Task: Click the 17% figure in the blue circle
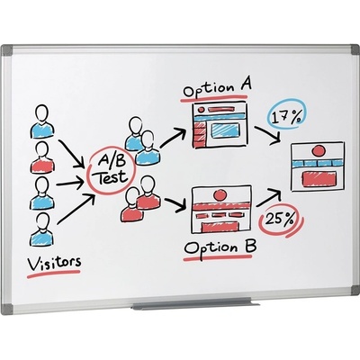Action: [x=286, y=116]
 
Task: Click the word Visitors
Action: [x=54, y=262]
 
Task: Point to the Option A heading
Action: [x=217, y=87]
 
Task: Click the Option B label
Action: [x=220, y=247]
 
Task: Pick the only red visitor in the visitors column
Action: [x=42, y=157]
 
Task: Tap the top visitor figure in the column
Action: [x=42, y=121]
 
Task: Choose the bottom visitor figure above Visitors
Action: [x=42, y=229]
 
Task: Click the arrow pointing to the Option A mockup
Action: [x=173, y=138]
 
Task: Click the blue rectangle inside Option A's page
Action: [x=225, y=130]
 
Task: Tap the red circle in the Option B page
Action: [x=220, y=195]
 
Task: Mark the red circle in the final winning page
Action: [x=319, y=150]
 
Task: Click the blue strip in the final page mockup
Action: [x=317, y=164]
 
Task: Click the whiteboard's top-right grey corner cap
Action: [x=354, y=49]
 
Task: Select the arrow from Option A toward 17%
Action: [x=268, y=135]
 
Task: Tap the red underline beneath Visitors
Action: [x=53, y=274]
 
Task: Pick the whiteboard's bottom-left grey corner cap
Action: [x=7, y=309]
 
